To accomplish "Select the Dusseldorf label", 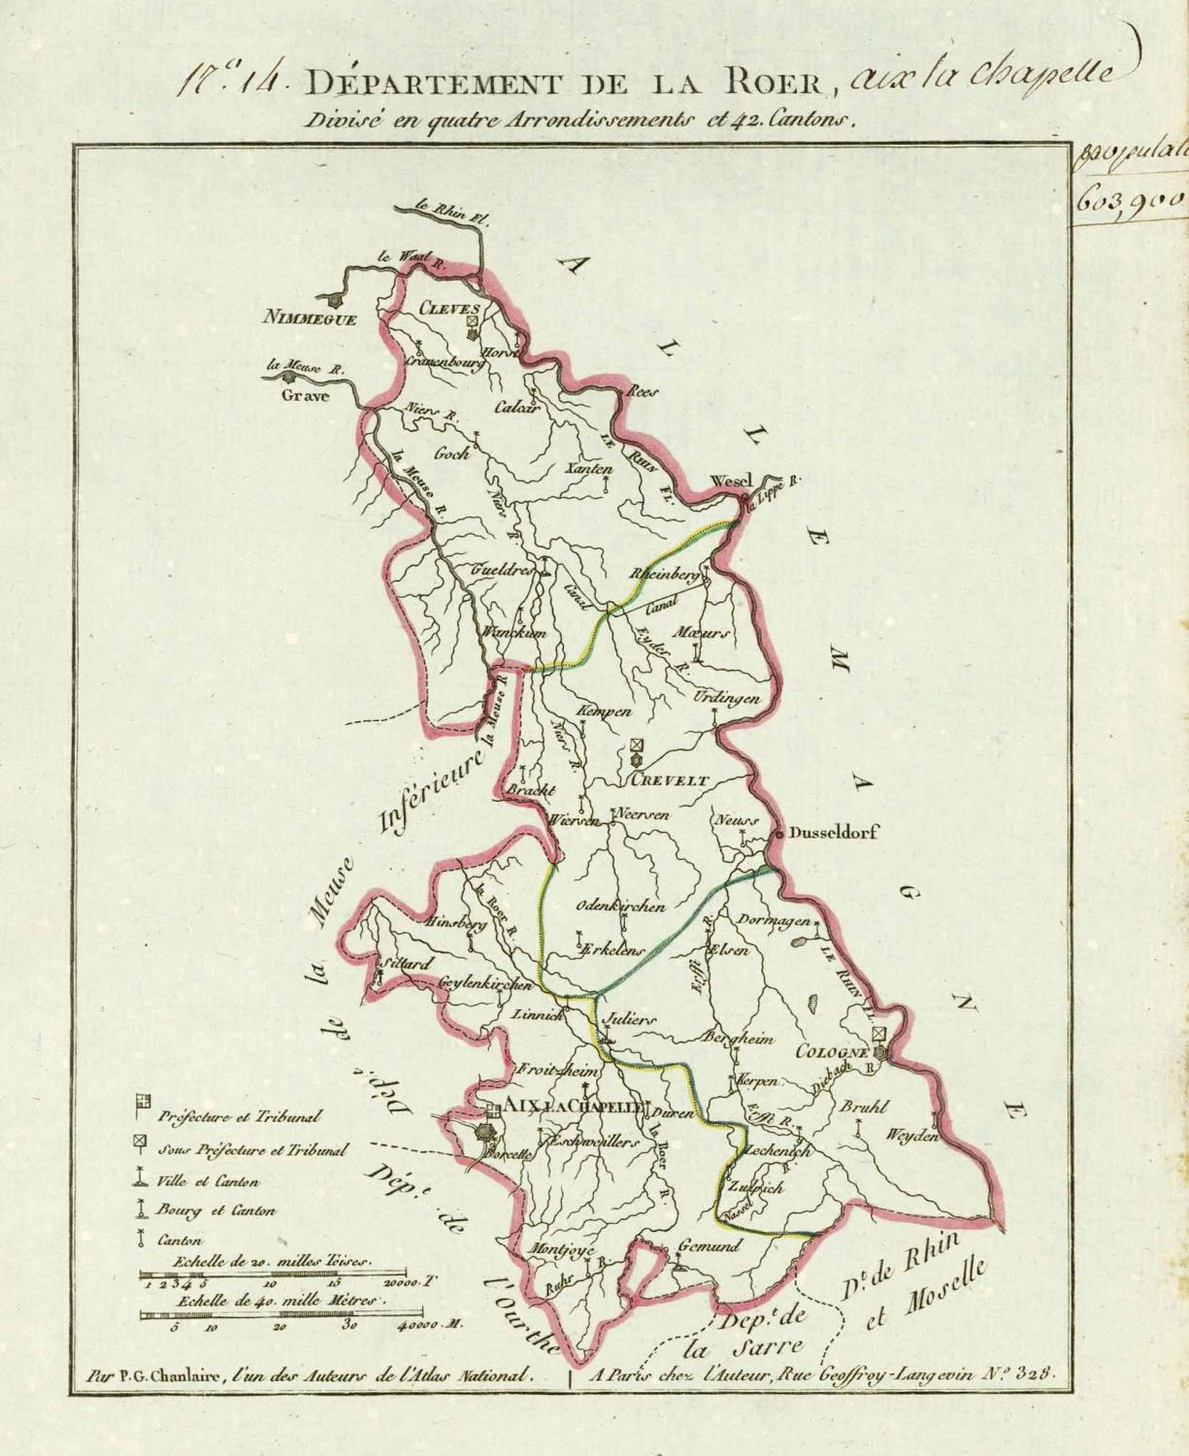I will (833, 833).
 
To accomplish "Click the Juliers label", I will (630, 1020).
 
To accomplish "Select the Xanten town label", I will (590, 469).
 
